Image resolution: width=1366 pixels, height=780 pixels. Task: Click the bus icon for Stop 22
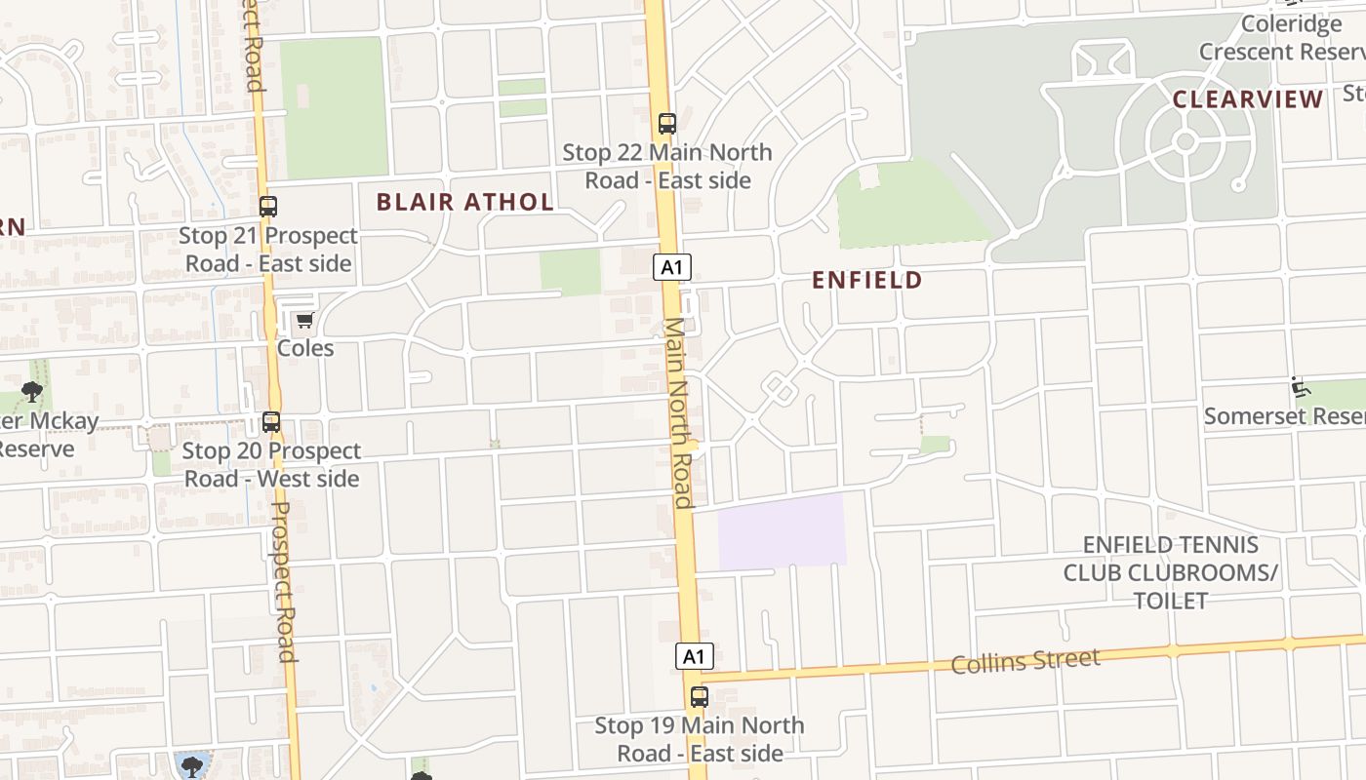click(667, 124)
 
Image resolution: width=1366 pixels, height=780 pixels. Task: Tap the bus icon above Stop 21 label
click(268, 207)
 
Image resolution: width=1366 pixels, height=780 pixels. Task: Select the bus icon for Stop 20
click(271, 422)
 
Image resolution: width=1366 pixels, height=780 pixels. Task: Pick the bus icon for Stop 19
click(700, 697)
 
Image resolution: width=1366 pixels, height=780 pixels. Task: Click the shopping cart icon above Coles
click(304, 321)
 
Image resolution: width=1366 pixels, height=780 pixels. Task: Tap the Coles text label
click(305, 348)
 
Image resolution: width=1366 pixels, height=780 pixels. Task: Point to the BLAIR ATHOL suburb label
click(464, 203)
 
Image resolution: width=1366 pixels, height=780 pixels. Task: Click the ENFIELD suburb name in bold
click(866, 281)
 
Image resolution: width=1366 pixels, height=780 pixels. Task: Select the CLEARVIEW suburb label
click(1247, 99)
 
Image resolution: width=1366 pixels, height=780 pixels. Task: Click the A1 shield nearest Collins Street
click(694, 656)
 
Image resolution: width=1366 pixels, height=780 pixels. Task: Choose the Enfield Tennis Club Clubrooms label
click(1170, 572)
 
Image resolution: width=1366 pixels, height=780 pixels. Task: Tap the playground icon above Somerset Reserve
click(1300, 387)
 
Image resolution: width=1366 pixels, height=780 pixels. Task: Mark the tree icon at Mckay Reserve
click(31, 393)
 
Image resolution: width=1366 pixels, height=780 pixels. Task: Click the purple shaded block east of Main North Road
click(782, 530)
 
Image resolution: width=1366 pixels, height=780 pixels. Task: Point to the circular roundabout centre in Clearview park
click(1185, 141)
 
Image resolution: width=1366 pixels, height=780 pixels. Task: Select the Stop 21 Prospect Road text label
click(268, 250)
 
